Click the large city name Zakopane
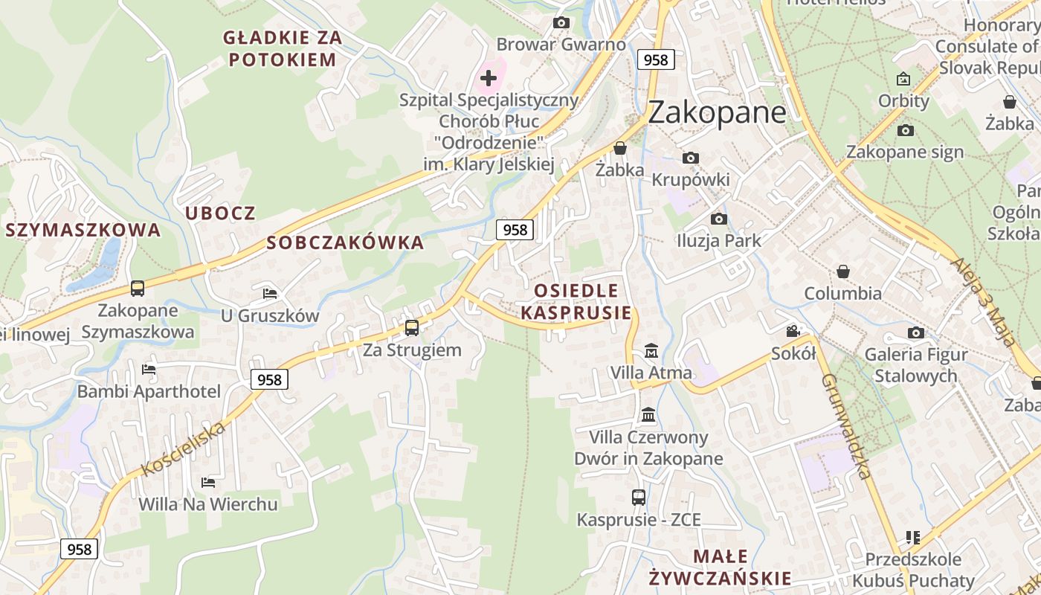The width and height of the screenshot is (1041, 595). (x=717, y=112)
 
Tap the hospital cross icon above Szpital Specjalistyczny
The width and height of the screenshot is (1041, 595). (x=489, y=77)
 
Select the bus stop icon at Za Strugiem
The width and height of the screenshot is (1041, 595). (x=411, y=327)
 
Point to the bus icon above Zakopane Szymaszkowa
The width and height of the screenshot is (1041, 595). (x=137, y=288)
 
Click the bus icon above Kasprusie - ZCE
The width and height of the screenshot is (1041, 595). (x=638, y=498)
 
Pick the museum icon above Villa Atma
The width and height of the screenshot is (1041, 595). (x=651, y=350)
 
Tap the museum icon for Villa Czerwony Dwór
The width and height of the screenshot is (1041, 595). (x=648, y=414)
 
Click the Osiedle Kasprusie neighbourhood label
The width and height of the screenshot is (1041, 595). (x=576, y=301)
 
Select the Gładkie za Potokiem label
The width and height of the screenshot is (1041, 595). (x=283, y=48)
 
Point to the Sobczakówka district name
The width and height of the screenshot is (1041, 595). (x=345, y=242)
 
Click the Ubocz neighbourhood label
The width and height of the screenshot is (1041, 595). (x=220, y=213)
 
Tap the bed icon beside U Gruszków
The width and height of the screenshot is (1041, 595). (x=270, y=294)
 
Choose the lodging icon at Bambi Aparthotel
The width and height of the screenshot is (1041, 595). (x=149, y=370)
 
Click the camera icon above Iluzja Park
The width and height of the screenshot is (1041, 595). (x=718, y=219)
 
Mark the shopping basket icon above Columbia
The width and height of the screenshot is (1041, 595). (x=842, y=271)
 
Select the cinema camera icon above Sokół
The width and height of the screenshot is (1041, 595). (x=793, y=331)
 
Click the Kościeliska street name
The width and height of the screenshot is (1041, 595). (x=183, y=448)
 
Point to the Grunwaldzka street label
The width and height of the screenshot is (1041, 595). (x=845, y=425)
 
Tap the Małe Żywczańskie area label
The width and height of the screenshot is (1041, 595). (x=720, y=567)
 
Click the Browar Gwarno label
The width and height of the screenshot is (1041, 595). (x=561, y=44)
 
